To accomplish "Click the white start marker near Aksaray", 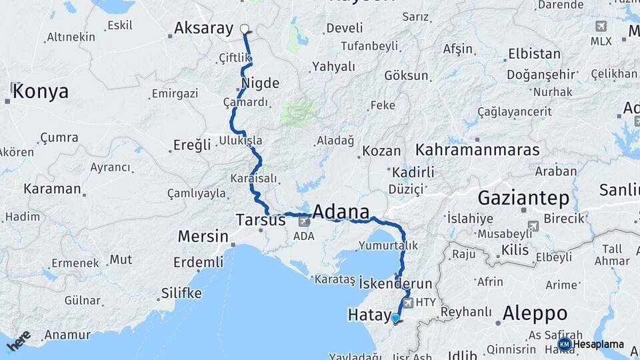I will click(245, 29).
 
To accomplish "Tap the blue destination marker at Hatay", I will click(395, 318).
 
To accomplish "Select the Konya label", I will click(40, 91).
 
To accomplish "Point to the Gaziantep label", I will click(523, 198).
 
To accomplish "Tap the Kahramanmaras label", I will click(477, 149).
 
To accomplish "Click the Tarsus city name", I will click(261, 219).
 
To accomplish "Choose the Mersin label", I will click(203, 236).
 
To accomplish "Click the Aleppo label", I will click(535, 313).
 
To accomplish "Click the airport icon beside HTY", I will click(408, 303).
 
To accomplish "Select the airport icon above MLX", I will click(601, 26).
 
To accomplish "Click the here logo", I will click(18, 340).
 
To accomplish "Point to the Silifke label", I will click(181, 293).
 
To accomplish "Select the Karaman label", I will click(52, 189).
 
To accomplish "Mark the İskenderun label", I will click(395, 283).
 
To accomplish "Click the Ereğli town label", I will click(192, 145).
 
